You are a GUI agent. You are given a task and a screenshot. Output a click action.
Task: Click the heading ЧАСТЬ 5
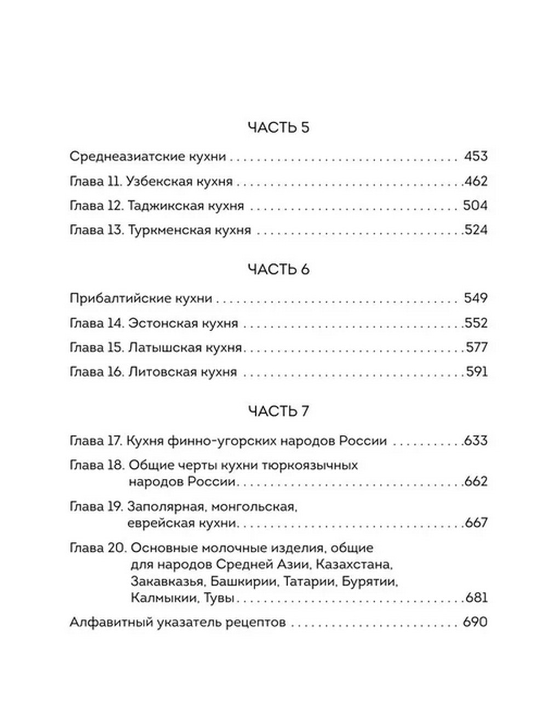pos(278,128)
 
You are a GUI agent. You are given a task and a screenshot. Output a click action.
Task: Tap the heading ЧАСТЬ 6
pos(278,270)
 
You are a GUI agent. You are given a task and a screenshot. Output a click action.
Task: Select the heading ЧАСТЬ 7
pos(278,411)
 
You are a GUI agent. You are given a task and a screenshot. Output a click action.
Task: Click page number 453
pos(475,157)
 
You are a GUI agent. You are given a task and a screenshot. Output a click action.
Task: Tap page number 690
pos(475,623)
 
